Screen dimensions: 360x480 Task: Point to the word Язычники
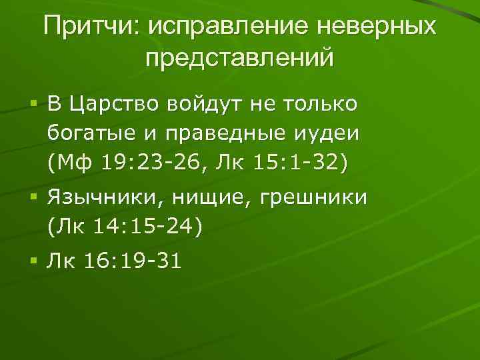(x=103, y=198)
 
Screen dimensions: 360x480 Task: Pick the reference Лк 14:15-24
(x=125, y=227)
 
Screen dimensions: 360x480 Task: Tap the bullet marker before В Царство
(x=32, y=105)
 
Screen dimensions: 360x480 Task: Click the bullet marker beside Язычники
(x=32, y=198)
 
